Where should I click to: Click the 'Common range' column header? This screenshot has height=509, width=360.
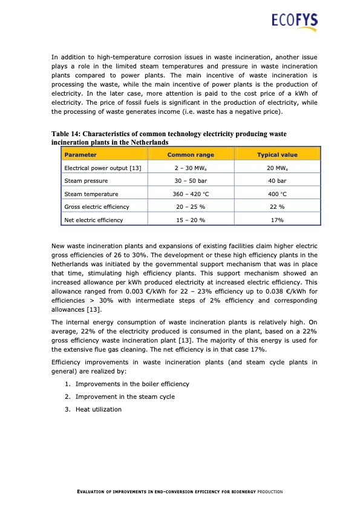(x=190, y=155)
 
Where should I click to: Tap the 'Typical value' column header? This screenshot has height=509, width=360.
(x=277, y=155)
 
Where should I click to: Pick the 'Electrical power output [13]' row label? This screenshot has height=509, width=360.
(x=102, y=168)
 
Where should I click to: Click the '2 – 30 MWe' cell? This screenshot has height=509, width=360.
(x=190, y=168)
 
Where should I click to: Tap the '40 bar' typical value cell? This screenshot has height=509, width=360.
(x=277, y=181)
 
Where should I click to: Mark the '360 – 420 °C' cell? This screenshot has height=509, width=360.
(x=190, y=194)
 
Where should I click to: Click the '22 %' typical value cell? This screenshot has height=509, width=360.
(x=277, y=207)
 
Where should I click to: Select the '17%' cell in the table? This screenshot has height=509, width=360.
(x=277, y=220)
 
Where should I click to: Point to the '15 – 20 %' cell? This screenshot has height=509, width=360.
(x=190, y=220)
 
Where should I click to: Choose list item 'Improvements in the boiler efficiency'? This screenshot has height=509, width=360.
(x=132, y=384)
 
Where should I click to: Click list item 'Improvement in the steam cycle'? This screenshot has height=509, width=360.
(x=125, y=396)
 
